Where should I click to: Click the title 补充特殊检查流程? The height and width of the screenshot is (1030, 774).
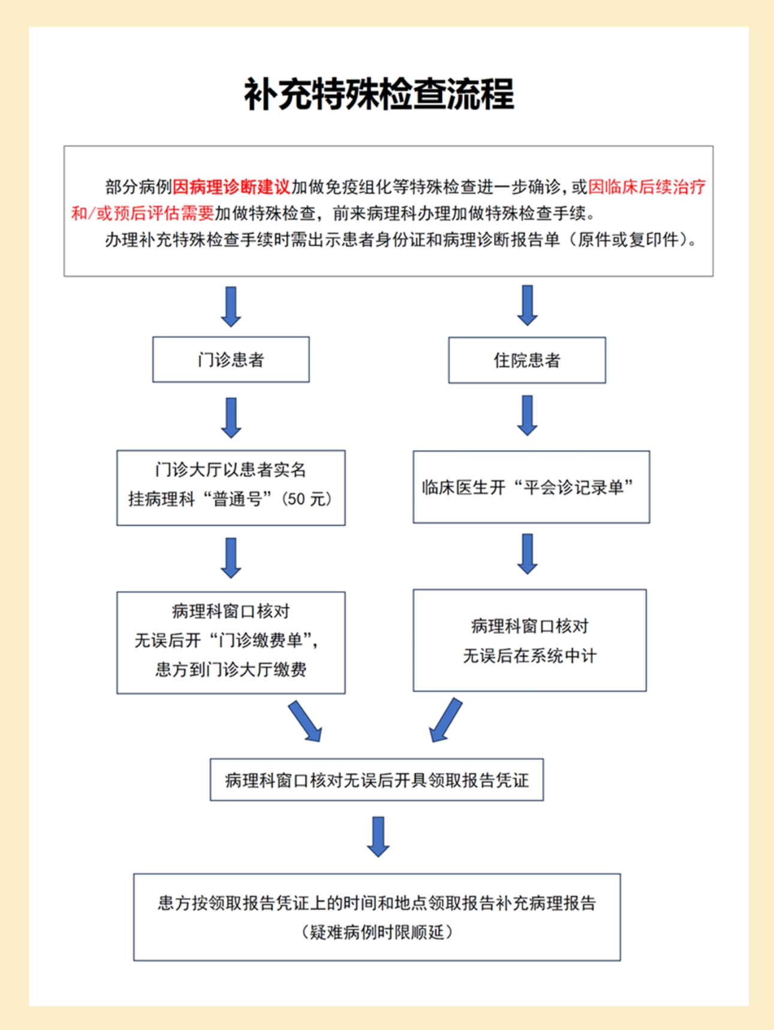(379, 94)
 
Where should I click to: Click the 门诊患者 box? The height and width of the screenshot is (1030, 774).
(231, 359)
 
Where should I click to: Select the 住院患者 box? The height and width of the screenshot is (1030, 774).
(526, 360)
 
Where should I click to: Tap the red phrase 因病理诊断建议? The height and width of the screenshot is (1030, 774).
(231, 187)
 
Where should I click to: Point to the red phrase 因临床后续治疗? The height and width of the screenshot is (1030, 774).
(646, 187)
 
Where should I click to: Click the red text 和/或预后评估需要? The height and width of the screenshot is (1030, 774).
(143, 214)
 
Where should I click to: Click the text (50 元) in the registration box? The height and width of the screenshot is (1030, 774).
(306, 499)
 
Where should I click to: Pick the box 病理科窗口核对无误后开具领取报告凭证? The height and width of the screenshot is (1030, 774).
(377, 780)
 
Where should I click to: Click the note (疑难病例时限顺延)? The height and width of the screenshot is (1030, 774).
(377, 932)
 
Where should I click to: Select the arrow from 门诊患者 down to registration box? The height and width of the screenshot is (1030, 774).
(231, 417)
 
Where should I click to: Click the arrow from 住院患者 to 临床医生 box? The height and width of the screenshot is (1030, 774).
(527, 415)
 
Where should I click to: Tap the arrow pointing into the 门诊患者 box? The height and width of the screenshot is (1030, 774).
(231, 306)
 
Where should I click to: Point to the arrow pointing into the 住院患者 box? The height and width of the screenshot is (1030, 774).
(527, 305)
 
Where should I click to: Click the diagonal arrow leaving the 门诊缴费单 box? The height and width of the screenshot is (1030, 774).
(305, 722)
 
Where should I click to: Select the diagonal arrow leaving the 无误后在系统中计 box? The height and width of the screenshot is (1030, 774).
(445, 720)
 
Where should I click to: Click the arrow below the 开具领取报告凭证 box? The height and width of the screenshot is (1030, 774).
(378, 836)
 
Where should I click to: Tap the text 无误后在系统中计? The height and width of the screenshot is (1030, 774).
(529, 656)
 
